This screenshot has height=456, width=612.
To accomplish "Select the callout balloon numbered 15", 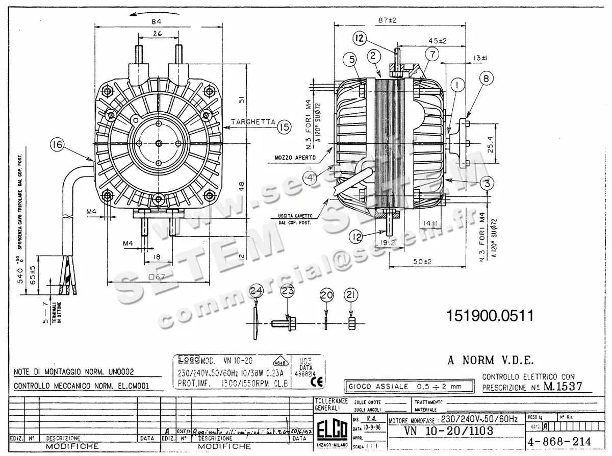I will click(x=284, y=126).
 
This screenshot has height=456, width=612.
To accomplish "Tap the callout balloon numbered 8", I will click(x=486, y=79).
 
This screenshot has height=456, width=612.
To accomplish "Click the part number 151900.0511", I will click(x=490, y=316).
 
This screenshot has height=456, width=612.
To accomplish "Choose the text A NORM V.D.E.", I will click(x=491, y=361).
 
